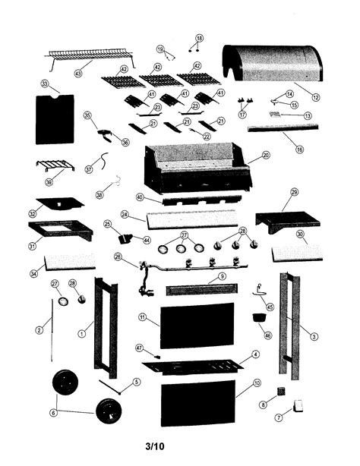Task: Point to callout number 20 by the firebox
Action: click(266, 155)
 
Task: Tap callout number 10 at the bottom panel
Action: click(257, 383)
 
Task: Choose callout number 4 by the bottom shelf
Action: click(256, 354)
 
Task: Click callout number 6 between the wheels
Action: click(52, 412)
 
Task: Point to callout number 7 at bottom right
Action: click(279, 417)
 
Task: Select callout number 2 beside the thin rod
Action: click(38, 330)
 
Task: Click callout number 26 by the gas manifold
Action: click(118, 257)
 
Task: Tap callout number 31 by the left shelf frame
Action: click(33, 245)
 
